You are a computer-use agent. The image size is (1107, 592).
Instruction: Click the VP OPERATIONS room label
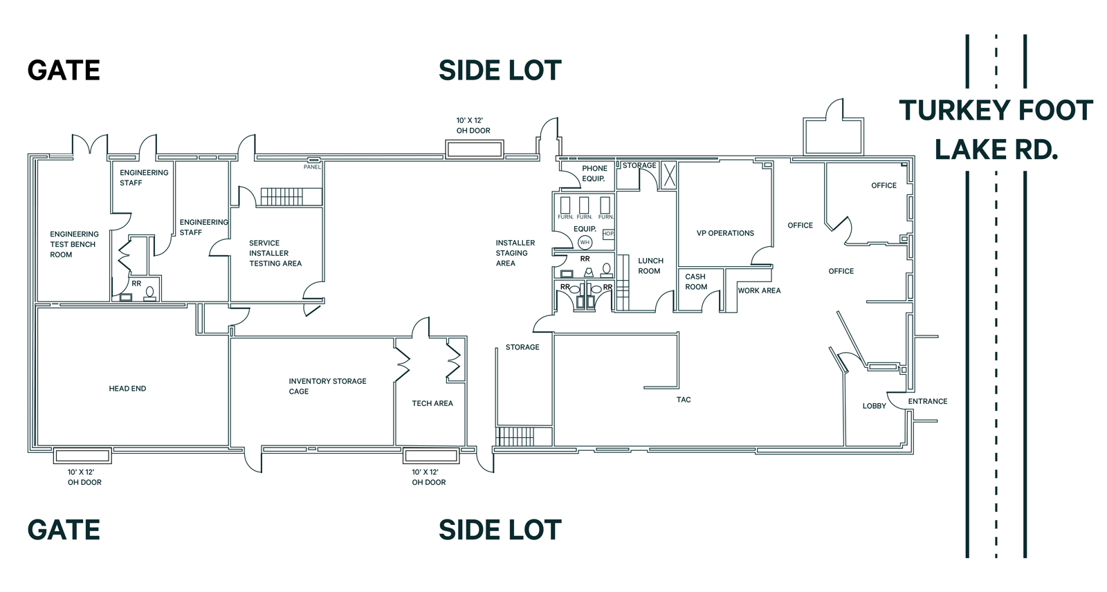725,233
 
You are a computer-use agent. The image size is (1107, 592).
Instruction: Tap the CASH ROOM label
695,281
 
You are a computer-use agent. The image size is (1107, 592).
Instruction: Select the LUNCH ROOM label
650,266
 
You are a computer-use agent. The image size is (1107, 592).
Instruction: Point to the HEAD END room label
127,389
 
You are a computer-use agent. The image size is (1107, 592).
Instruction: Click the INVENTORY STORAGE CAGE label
327,386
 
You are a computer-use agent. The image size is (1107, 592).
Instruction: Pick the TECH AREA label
432,403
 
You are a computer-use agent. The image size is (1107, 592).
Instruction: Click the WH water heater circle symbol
585,242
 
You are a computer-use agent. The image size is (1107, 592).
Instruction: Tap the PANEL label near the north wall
312,167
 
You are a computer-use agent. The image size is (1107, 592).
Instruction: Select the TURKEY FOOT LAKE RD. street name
996,130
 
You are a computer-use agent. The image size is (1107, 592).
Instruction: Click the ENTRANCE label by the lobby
927,401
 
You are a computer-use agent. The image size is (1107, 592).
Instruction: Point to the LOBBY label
874,406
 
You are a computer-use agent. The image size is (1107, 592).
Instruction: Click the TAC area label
684,400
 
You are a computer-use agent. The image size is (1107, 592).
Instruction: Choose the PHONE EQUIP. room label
594,173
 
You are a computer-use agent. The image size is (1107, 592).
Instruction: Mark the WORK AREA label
759,290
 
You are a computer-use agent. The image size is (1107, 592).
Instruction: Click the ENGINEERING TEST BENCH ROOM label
73,244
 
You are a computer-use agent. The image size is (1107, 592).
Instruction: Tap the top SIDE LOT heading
500,71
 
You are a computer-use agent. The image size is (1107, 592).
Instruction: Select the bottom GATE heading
64,530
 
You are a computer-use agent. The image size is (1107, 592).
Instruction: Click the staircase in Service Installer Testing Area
282,196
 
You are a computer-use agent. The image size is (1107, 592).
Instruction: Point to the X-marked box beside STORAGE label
668,175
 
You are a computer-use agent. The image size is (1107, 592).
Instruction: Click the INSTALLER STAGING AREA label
514,253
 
